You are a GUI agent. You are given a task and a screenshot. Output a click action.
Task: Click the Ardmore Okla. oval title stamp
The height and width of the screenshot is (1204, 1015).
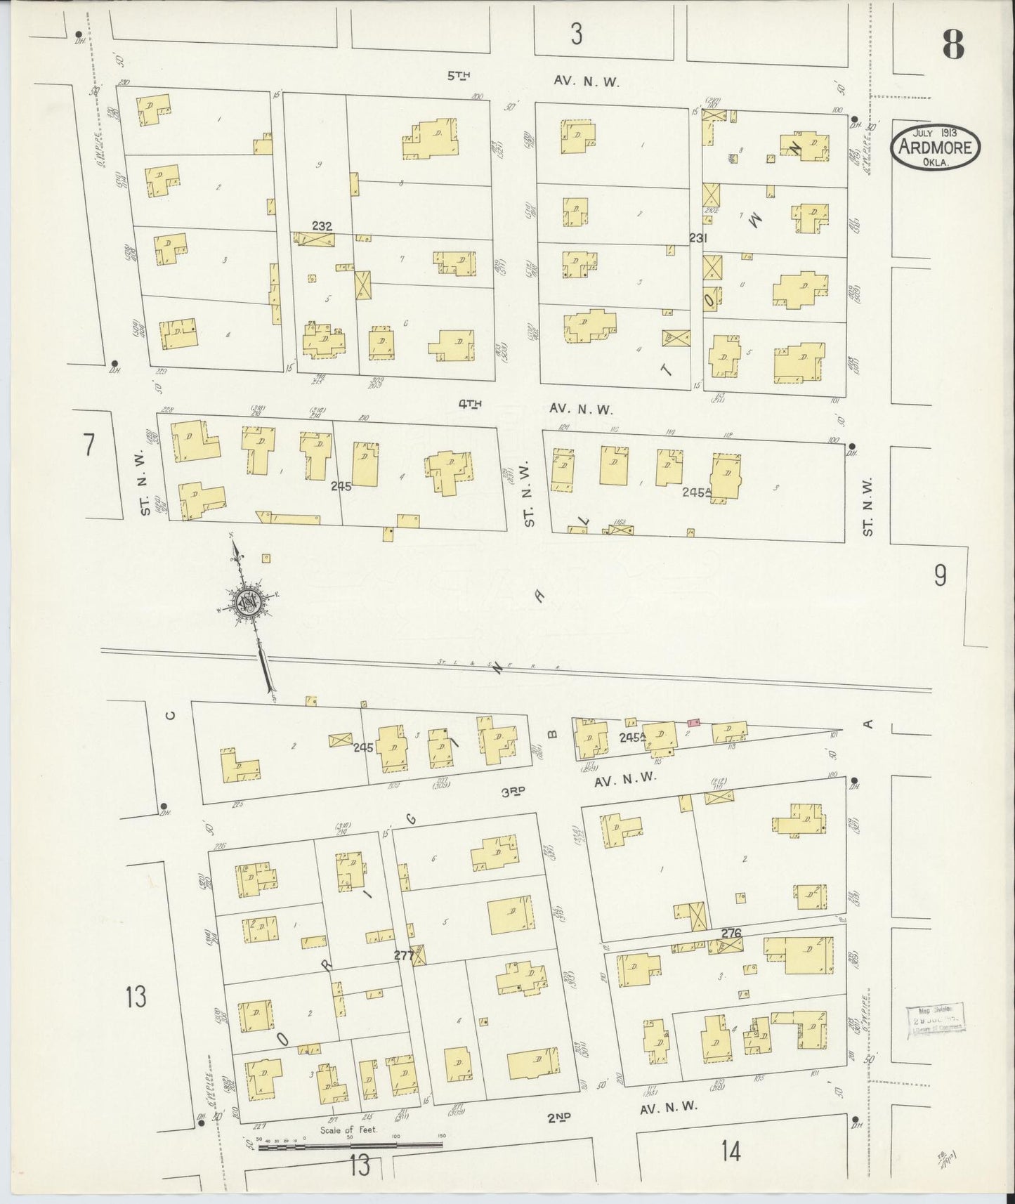pyautogui.click(x=936, y=147)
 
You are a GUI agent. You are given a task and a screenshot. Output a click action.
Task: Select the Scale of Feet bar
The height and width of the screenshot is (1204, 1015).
pyautogui.click(x=351, y=1147)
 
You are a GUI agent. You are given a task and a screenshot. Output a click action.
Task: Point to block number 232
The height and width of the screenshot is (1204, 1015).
pyautogui.click(x=322, y=226)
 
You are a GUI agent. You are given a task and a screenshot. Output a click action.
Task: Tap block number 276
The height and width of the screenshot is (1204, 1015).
pyautogui.click(x=731, y=933)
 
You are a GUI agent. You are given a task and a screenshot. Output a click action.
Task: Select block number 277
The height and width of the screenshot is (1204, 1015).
pyautogui.click(x=403, y=956)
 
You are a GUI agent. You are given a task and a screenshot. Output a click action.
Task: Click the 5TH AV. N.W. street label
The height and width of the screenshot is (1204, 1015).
pyautogui.click(x=534, y=79)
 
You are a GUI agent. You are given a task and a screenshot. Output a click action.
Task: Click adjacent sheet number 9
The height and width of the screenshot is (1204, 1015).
pyautogui.click(x=940, y=576)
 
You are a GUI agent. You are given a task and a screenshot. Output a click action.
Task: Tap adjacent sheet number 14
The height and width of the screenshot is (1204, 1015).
pyautogui.click(x=731, y=1151)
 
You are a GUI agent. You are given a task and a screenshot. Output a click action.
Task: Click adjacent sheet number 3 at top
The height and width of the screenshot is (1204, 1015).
pyautogui.click(x=576, y=34)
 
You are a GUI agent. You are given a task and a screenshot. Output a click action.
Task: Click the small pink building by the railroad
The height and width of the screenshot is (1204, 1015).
pyautogui.click(x=693, y=721)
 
